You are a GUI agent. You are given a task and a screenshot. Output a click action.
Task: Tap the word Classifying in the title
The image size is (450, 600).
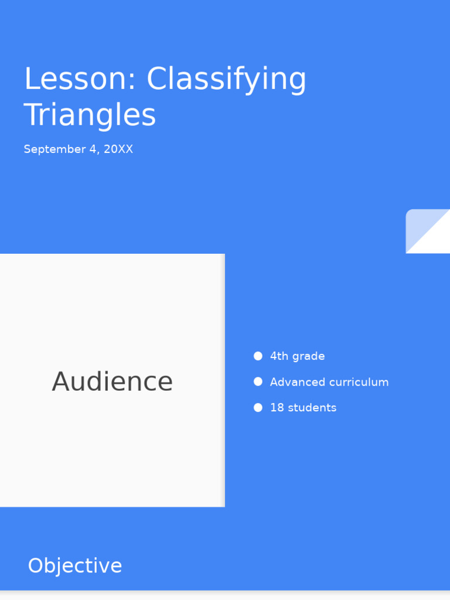pos(226,80)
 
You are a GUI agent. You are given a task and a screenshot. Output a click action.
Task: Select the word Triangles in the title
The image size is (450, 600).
pos(90,115)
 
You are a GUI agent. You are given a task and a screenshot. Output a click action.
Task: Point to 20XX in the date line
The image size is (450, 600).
pos(118,149)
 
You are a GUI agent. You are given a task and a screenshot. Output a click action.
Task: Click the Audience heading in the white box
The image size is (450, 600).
pos(112,381)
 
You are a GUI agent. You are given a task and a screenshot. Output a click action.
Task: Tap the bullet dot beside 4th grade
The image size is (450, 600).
pos(258,356)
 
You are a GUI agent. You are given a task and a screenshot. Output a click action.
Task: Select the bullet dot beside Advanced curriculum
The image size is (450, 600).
pos(258,382)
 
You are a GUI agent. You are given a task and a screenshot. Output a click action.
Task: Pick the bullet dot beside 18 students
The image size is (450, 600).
pos(258,408)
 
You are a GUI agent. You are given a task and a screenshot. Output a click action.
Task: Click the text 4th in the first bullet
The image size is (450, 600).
pos(279,356)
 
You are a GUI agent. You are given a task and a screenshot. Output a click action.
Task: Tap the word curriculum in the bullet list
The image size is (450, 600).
pos(359,382)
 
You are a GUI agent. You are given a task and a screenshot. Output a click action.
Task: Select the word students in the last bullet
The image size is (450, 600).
pos(312,408)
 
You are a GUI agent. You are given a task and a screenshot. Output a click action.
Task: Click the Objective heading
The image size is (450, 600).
pos(75,566)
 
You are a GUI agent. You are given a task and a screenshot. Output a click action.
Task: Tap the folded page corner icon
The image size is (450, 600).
pos(428,231)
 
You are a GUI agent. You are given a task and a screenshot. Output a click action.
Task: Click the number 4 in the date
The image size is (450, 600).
pos(93,149)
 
